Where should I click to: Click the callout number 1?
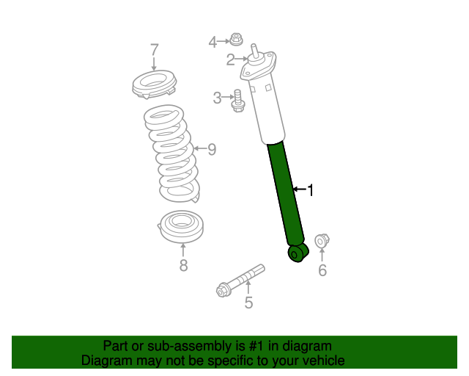[311, 190]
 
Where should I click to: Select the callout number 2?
[230, 59]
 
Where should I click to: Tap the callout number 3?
[217, 98]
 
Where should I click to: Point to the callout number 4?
[213, 42]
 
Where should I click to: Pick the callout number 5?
[248, 303]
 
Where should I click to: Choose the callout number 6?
[322, 270]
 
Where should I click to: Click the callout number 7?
[154, 50]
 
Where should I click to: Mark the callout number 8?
[183, 265]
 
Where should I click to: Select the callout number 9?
[212, 149]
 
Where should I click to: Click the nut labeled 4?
[236, 40]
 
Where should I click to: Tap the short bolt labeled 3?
[238, 101]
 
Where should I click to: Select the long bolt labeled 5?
[240, 281]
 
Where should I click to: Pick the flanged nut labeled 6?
[322, 240]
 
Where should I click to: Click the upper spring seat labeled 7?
[155, 84]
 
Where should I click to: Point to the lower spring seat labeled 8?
[181, 227]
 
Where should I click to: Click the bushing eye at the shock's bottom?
[298, 253]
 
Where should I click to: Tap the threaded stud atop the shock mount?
[254, 50]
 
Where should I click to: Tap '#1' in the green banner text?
[256, 346]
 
